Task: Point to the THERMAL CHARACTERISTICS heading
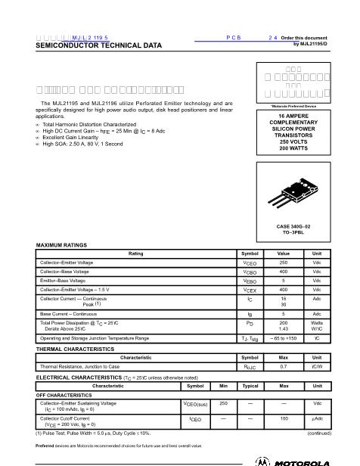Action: tap(75, 349)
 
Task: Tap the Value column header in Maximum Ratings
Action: tap(284, 253)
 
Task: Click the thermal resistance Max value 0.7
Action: tap(284, 366)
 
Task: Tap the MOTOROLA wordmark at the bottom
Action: tap(303, 461)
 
